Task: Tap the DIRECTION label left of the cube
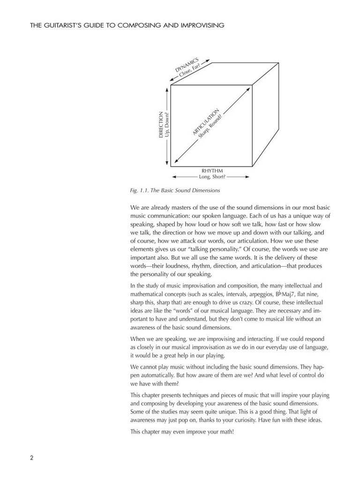click(x=161, y=124)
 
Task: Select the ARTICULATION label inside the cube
click(x=205, y=121)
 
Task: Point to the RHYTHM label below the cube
click(x=212, y=171)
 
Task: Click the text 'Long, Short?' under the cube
click(x=212, y=177)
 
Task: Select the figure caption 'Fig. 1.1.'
click(x=140, y=191)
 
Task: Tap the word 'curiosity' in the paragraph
click(x=260, y=420)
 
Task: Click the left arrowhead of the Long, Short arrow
click(x=174, y=177)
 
